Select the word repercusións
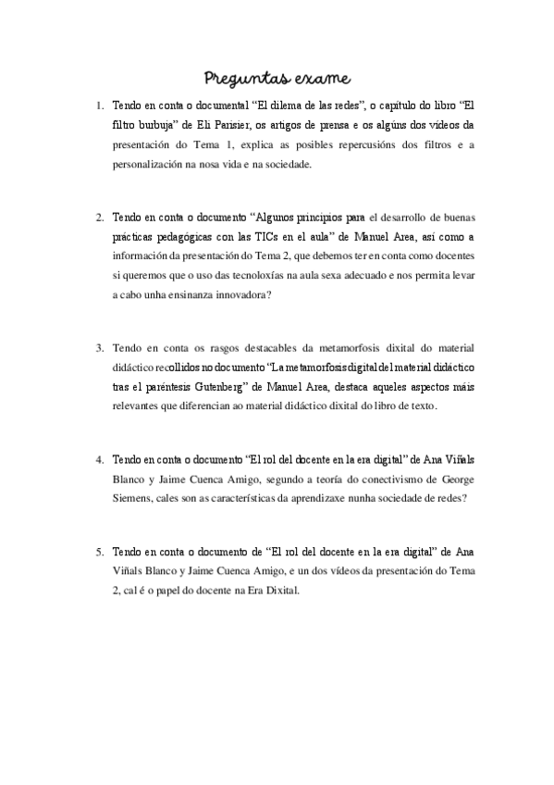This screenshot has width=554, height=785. (x=369, y=144)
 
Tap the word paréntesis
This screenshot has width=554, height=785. (x=149, y=388)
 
